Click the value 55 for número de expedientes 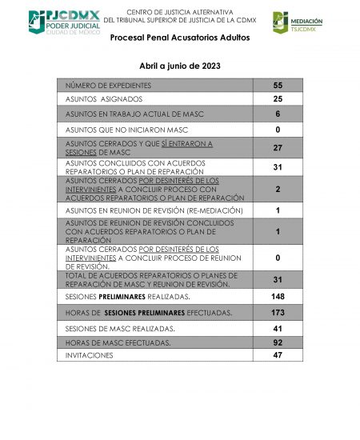[x=278, y=85]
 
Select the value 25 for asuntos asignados [x=278, y=99]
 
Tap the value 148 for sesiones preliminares [x=278, y=297]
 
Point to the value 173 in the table [x=278, y=312]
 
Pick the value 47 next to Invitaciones [x=278, y=354]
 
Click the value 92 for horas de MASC [x=278, y=342]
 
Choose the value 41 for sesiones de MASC [x=278, y=328]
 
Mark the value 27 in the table [x=278, y=148]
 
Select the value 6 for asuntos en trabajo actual [x=278, y=114]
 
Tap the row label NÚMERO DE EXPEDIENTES [x=108, y=85]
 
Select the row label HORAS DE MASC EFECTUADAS [x=118, y=342]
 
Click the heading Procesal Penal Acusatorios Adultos [x=179, y=38]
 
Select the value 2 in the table [x=278, y=189]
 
